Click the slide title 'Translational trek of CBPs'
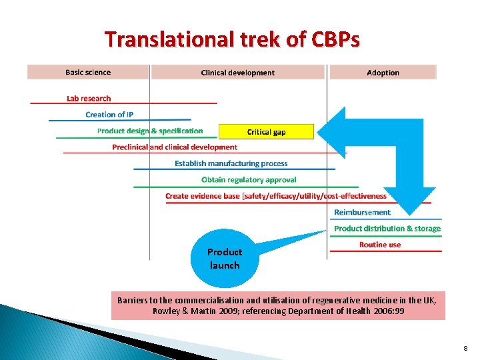coord(232,39)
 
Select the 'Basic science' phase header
coord(88,72)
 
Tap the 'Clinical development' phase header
coord(238,73)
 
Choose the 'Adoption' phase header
coord(383,73)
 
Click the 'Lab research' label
coord(89,99)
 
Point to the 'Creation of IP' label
coord(109,115)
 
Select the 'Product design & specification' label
coord(150,131)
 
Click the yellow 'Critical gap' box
coord(266,131)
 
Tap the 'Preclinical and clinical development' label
coord(175,147)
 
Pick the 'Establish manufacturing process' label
coord(231,163)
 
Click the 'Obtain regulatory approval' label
coord(249,179)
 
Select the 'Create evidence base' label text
coord(276,196)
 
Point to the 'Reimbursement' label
coord(362,212)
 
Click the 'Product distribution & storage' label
coord(387,228)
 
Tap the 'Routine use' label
coord(380,245)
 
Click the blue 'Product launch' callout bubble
coord(225,259)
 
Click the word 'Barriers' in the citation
coord(134,300)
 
